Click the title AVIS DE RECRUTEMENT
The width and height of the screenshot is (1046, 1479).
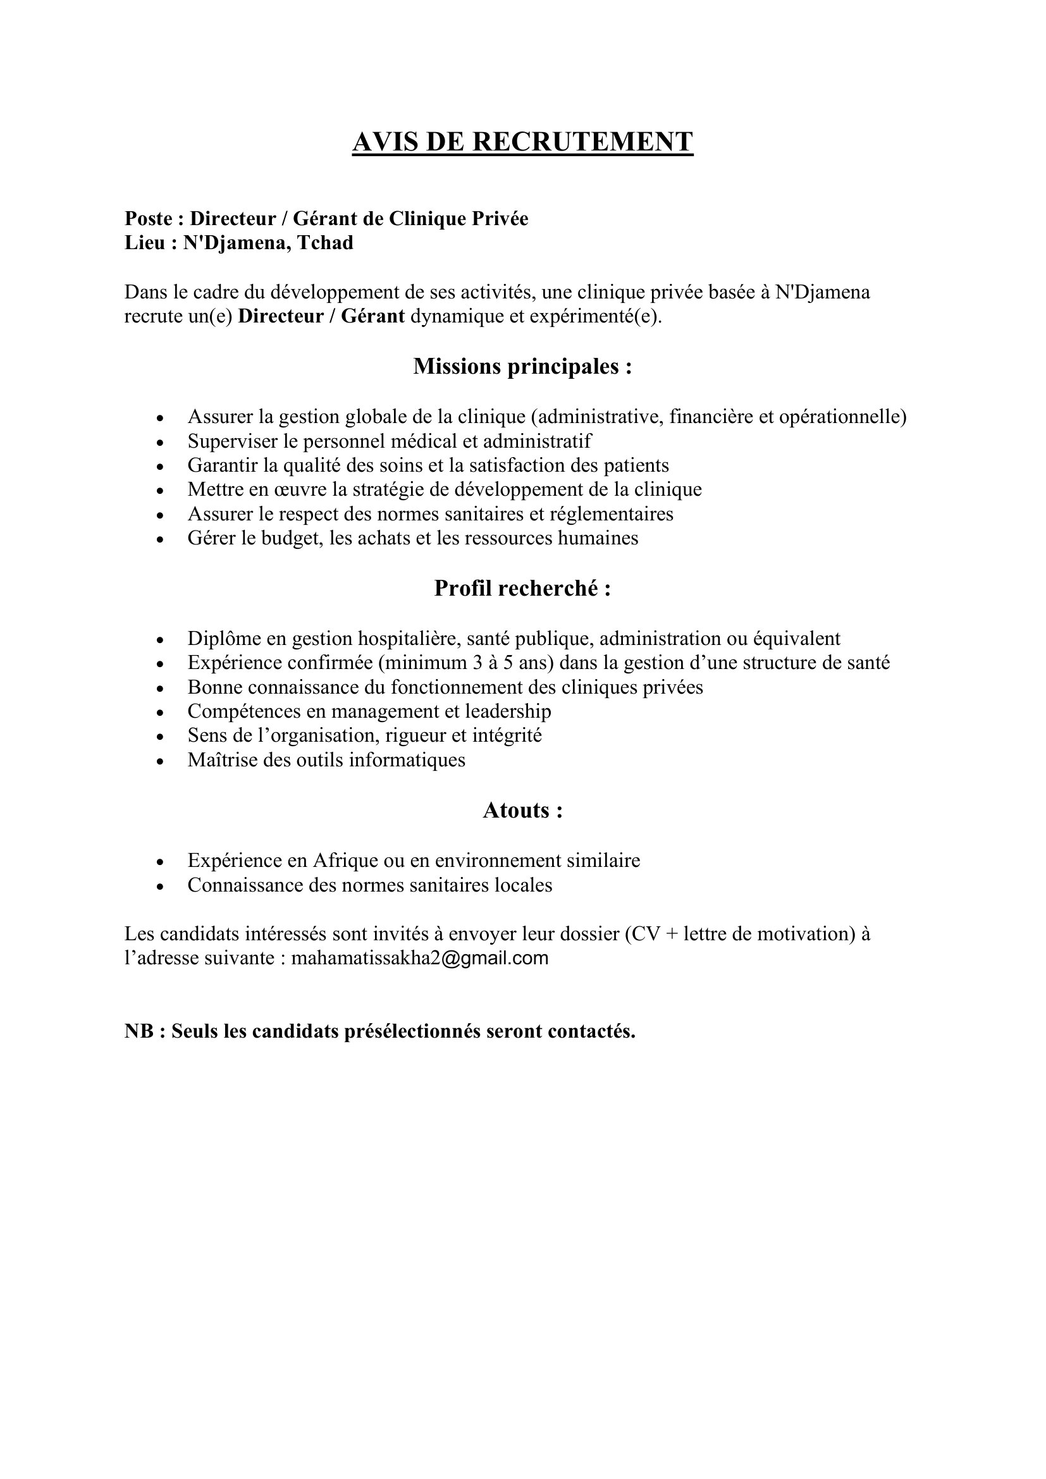tap(522, 142)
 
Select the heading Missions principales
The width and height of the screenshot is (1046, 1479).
tap(522, 367)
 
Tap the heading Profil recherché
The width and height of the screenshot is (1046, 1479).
tap(522, 588)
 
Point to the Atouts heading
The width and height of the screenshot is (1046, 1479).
tap(522, 810)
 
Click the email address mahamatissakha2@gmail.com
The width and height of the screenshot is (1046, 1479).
tap(419, 958)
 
